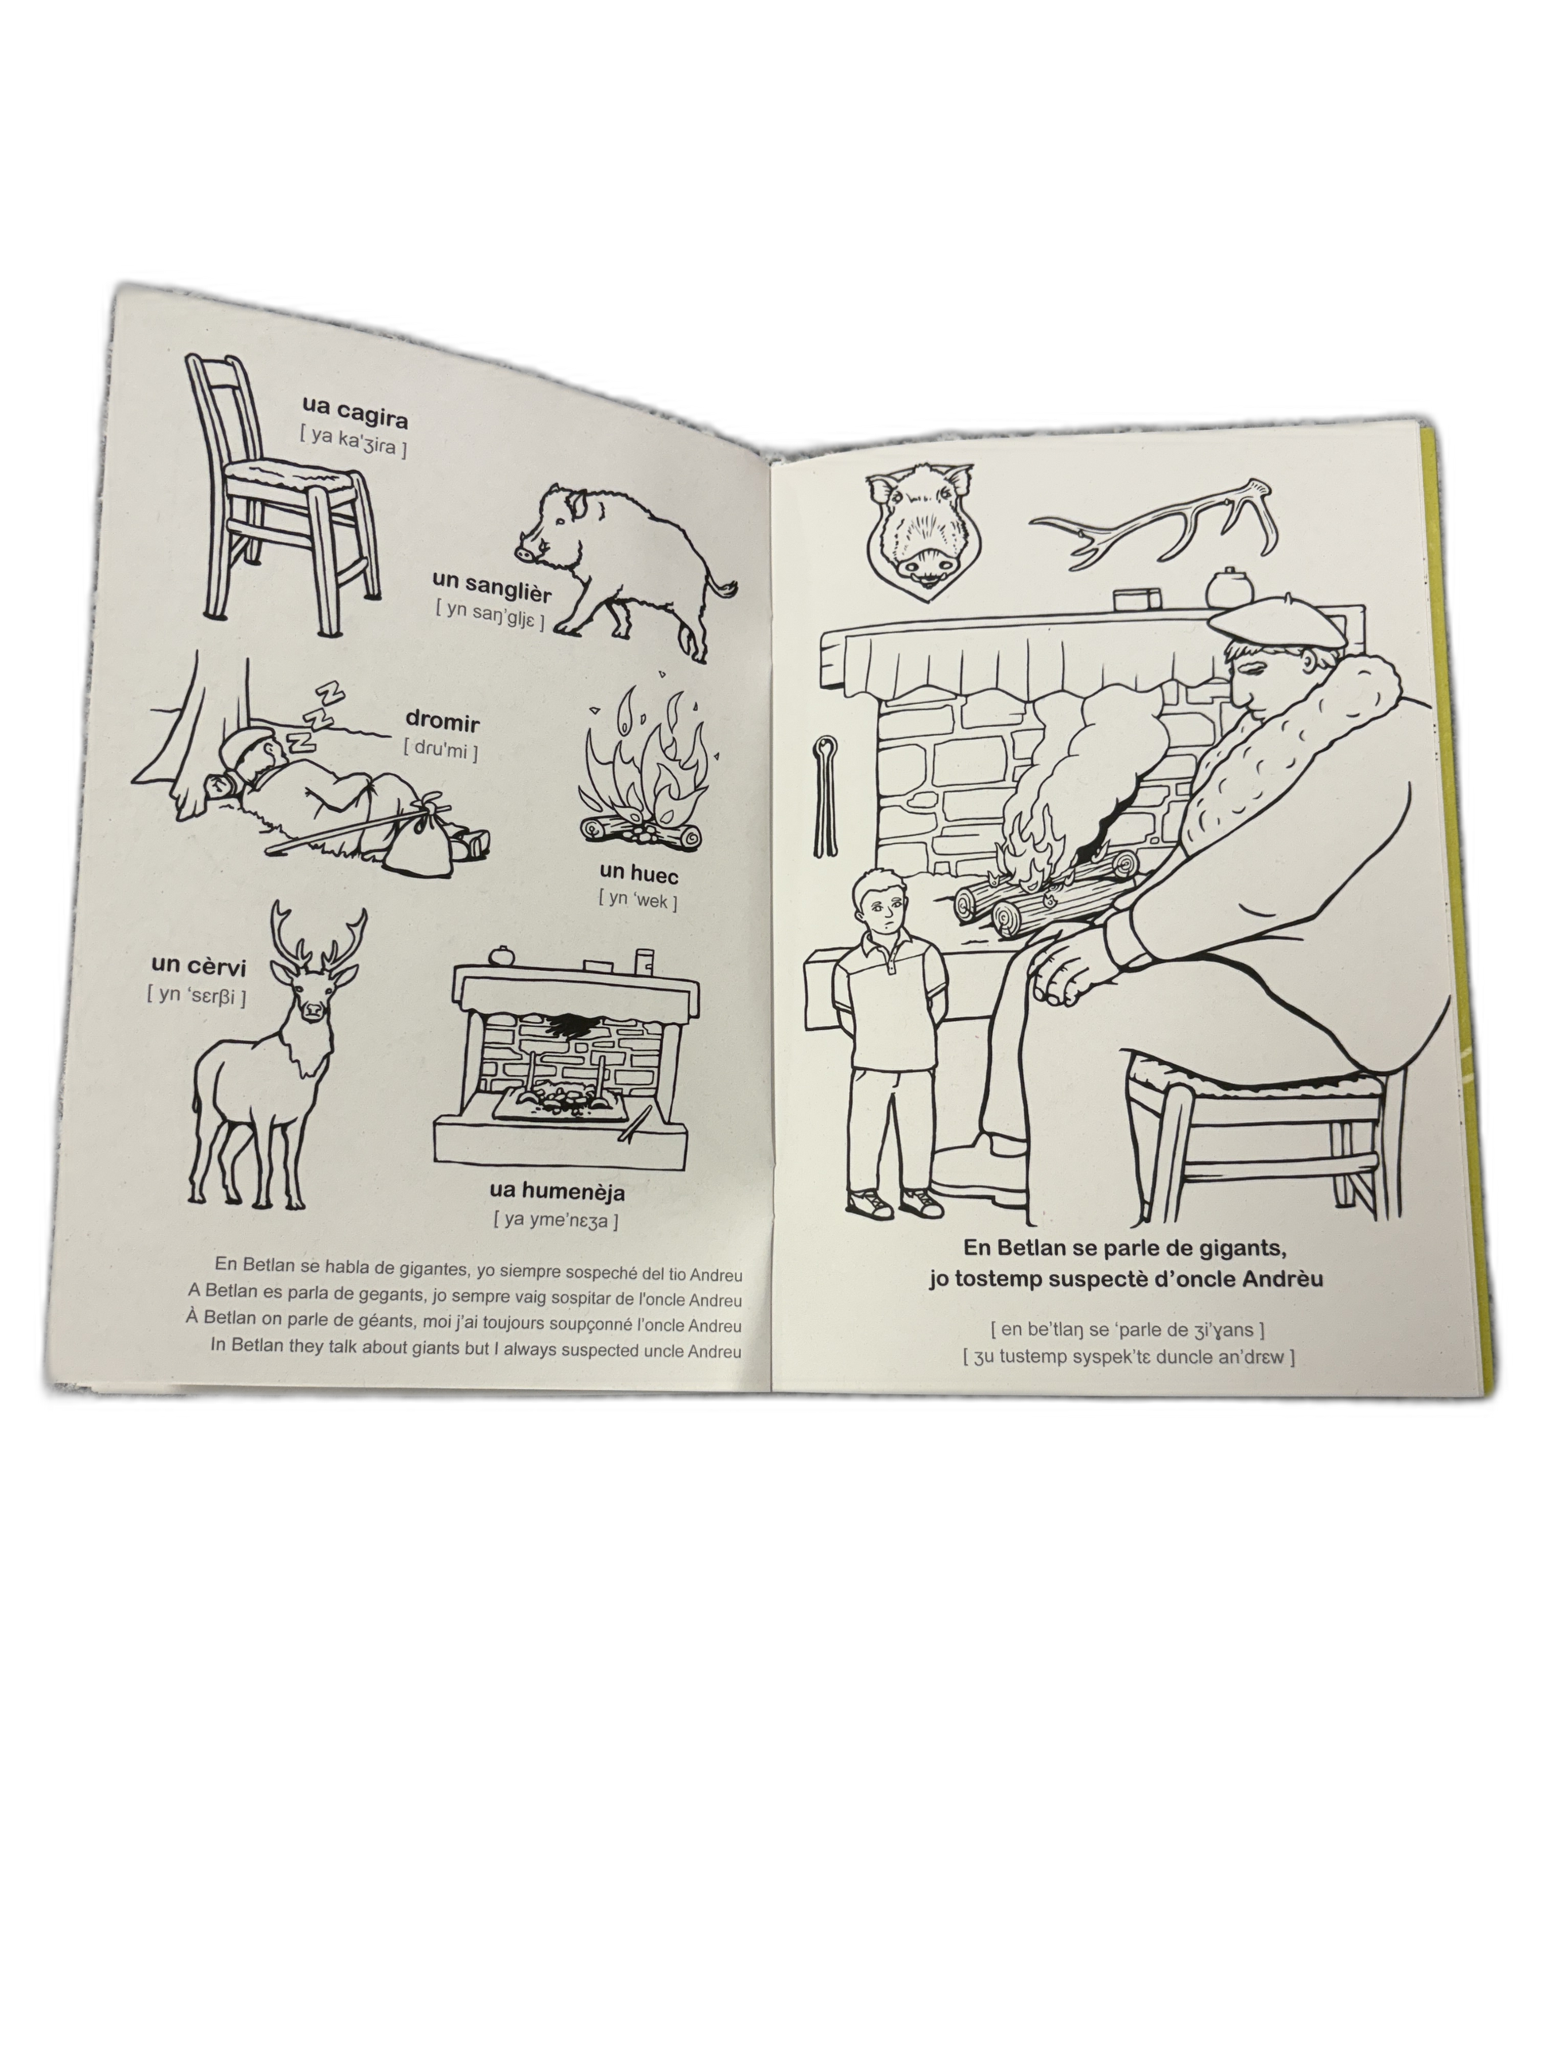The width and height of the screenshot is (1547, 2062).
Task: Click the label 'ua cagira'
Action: (355, 411)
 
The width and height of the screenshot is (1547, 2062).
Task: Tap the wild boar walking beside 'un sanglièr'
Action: (626, 569)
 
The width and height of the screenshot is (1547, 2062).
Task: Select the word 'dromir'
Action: (442, 721)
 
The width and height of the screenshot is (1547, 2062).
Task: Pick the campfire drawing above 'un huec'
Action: (642, 769)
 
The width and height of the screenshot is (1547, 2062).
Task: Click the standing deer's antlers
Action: (318, 935)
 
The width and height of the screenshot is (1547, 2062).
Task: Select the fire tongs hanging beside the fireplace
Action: (824, 796)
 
